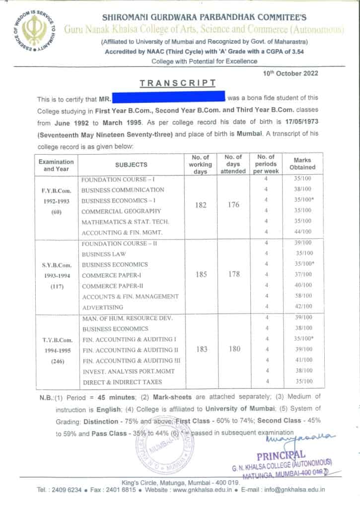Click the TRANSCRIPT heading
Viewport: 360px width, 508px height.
[x=177, y=83]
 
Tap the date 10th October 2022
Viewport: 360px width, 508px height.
[x=290, y=73]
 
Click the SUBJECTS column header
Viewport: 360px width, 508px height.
[x=131, y=165]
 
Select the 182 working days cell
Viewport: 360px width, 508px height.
[x=201, y=205]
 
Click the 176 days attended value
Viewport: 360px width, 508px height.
[x=233, y=205]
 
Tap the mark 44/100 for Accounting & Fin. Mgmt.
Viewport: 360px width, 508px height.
[x=302, y=231]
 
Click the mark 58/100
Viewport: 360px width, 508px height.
[x=302, y=296]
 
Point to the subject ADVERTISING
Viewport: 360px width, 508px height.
[x=102, y=308]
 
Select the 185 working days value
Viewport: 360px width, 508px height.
[x=201, y=274]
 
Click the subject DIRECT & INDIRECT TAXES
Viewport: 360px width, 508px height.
[x=121, y=381]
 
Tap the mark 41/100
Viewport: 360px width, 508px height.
[x=302, y=360]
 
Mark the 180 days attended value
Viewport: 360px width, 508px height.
[x=233, y=349]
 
